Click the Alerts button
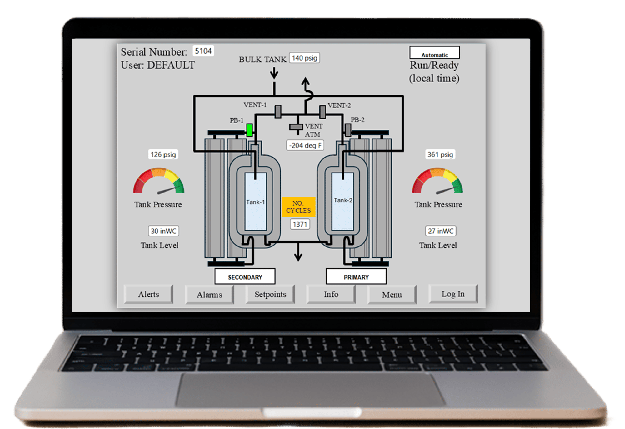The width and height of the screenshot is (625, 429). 148,294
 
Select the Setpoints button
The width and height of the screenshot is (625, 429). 270,294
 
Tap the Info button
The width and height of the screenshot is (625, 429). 331,294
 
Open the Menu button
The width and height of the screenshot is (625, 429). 392,295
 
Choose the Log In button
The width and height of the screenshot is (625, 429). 453,294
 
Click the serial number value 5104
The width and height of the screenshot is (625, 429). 203,51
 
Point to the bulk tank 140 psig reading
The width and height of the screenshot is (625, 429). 304,58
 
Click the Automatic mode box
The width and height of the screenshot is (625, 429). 435,52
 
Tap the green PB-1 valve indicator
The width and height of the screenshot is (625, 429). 249,130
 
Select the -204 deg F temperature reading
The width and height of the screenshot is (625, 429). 305,145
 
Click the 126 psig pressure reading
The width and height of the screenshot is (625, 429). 163,154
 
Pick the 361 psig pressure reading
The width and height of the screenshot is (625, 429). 440,154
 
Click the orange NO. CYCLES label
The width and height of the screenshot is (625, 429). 298,207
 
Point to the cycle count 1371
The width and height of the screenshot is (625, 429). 300,224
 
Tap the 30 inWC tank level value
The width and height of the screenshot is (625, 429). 163,231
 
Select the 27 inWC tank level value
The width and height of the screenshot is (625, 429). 441,231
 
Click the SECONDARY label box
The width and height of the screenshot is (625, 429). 245,276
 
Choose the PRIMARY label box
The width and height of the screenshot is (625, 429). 356,276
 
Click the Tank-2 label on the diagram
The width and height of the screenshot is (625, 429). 343,200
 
